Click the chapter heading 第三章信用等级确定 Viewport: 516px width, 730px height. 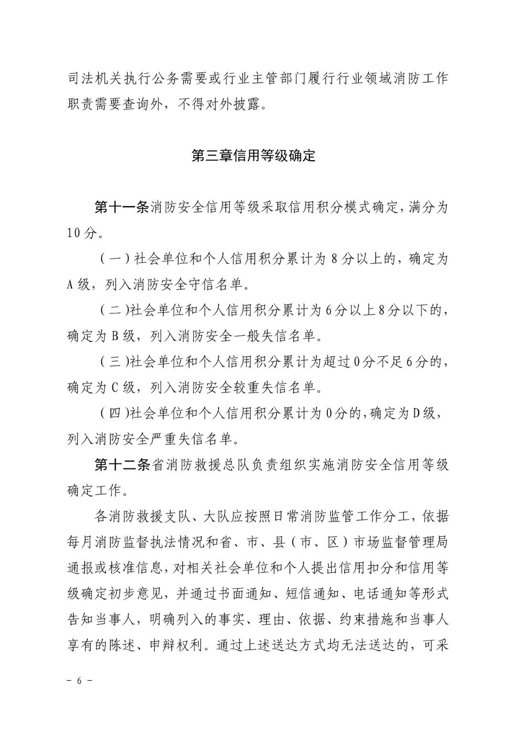click(x=253, y=156)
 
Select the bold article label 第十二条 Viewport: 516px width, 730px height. click(x=122, y=465)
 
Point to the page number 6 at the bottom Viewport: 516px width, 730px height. click(x=80, y=681)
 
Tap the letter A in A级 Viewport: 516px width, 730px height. click(x=70, y=285)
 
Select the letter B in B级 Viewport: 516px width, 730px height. click(x=115, y=337)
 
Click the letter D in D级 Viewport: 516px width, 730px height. click(x=416, y=414)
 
